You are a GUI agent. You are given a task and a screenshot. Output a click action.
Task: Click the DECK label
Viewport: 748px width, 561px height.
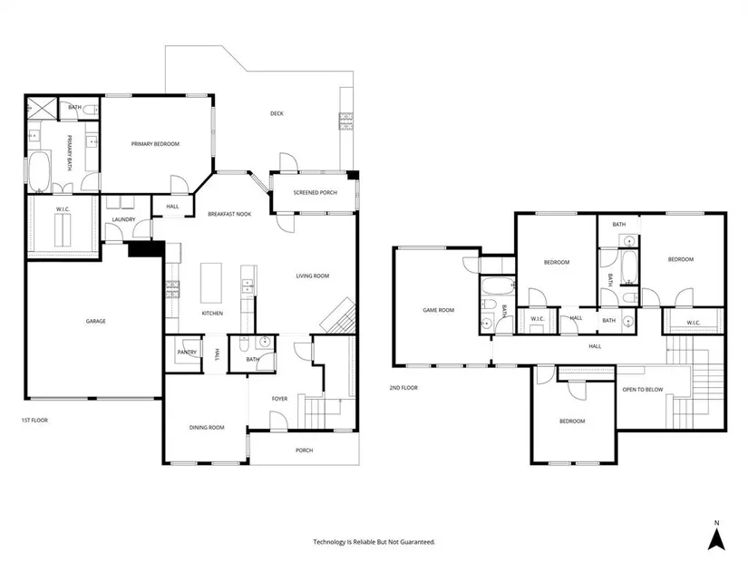tap(277, 113)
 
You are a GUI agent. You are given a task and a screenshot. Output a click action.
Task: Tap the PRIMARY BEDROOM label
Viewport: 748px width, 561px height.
tap(156, 143)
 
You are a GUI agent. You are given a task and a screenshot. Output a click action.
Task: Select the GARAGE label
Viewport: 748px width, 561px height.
tap(95, 321)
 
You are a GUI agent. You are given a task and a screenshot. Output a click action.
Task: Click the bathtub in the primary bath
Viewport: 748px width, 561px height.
tap(39, 171)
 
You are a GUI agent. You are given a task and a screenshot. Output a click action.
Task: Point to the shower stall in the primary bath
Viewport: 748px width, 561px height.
tap(41, 107)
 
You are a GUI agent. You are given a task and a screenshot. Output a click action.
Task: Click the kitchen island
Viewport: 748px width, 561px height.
tap(211, 283)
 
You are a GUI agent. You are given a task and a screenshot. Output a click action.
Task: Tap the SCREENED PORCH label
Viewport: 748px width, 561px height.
tap(316, 193)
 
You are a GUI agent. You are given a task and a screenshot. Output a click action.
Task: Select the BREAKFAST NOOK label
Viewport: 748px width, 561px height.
tap(229, 214)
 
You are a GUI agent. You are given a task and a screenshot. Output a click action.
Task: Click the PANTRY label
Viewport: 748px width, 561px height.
tap(187, 352)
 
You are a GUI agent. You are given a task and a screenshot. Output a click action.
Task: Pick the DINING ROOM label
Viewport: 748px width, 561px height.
tap(207, 428)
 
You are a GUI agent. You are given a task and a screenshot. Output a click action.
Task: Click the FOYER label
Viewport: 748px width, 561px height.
tap(279, 399)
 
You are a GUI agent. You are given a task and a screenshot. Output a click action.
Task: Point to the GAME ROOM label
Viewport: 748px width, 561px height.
tap(439, 310)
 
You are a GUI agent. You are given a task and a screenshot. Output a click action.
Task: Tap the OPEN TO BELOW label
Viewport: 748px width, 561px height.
tap(643, 390)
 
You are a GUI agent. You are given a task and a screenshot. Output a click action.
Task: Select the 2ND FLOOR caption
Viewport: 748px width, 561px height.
tap(403, 388)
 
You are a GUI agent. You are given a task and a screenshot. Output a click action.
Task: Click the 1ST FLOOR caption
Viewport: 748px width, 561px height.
tap(34, 421)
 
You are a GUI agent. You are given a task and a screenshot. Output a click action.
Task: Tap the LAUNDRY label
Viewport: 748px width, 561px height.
tap(123, 219)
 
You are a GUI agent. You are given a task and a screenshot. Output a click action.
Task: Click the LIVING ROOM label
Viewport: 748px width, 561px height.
tap(313, 276)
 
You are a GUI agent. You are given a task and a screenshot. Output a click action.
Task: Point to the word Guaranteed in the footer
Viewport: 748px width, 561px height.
tap(417, 542)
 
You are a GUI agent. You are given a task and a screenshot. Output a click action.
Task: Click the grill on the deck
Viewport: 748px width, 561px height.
tap(345, 121)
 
